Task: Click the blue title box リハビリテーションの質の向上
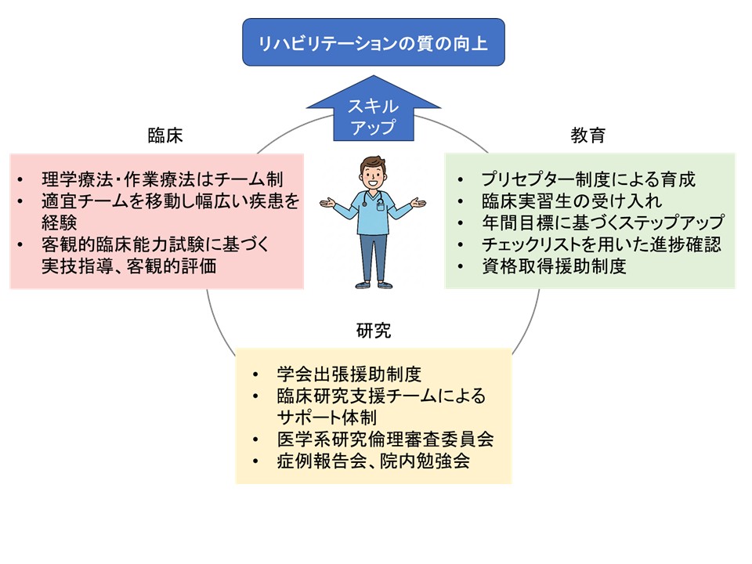[x=373, y=42]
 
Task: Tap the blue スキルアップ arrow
[x=373, y=110]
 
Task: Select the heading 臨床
[x=165, y=136]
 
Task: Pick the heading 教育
[x=587, y=136]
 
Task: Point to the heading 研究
[x=374, y=331]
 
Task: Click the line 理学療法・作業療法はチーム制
[x=162, y=179]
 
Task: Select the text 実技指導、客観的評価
[x=128, y=266]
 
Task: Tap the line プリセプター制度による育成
[x=588, y=179]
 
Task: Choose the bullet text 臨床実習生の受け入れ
[x=572, y=201]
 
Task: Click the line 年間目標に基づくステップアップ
[x=603, y=222]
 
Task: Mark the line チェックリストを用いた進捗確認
[x=602, y=244]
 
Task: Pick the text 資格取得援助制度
[x=554, y=266]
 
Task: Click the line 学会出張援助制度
[x=349, y=374]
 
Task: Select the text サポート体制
[x=327, y=418]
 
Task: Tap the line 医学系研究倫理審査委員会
[x=385, y=439]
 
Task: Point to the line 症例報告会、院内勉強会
[x=373, y=461]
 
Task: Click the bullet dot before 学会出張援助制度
[x=255, y=375]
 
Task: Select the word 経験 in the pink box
[x=59, y=222]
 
